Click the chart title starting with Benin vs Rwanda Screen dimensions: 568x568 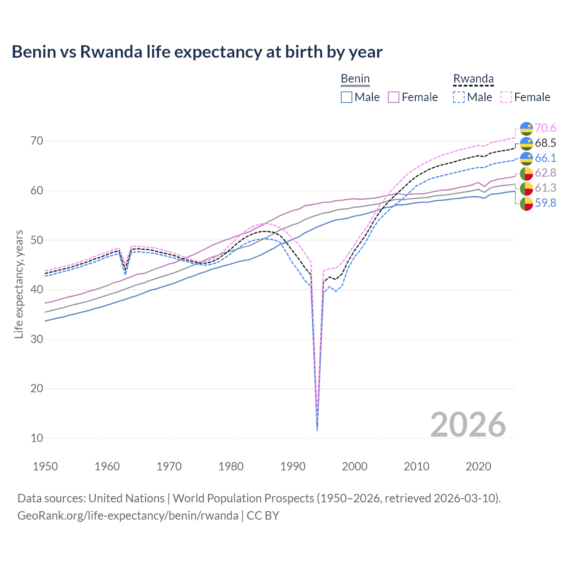[x=197, y=52]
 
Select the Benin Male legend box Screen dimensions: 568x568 [x=347, y=97]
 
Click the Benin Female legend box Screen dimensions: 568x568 [x=394, y=97]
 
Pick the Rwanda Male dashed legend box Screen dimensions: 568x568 [x=459, y=97]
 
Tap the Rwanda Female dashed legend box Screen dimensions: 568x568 [x=506, y=97]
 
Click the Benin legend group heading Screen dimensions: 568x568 [x=355, y=79]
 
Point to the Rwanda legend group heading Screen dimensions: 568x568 [x=473, y=79]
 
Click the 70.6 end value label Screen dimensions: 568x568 [x=545, y=128]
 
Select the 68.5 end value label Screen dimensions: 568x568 [x=545, y=143]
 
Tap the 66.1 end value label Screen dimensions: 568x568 [x=545, y=158]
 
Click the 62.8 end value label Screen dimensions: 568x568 [x=545, y=173]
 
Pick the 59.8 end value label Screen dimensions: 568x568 [x=545, y=203]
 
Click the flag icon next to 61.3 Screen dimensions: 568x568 [x=526, y=188]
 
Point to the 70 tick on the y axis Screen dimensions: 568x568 [x=37, y=141]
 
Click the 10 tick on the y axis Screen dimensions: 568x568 [x=37, y=438]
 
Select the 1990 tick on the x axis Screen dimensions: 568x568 [x=293, y=466]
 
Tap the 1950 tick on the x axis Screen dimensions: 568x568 [x=45, y=466]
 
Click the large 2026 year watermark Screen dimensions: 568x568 [x=468, y=425]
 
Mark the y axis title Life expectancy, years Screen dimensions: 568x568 [x=19, y=284]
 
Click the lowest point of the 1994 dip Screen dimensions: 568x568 [x=317, y=430]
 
